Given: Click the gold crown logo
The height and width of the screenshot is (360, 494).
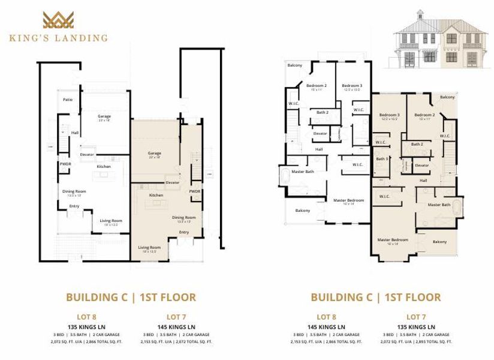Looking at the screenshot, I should click(58, 20).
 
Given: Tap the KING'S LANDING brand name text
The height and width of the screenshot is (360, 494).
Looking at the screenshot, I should click(58, 38).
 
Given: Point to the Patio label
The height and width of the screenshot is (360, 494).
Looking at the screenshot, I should click(68, 100).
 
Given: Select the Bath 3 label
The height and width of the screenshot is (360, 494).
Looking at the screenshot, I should click(382, 159).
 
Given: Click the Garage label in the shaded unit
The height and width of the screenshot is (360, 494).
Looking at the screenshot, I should click(154, 154).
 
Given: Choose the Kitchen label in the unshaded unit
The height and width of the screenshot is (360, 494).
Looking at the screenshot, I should click(104, 167).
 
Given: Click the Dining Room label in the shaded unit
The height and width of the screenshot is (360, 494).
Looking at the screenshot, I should click(183, 218).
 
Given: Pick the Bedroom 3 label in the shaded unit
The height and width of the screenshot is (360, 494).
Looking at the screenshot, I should click(389, 115).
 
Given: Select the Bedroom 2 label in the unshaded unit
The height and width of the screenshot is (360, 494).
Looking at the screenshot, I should click(316, 86).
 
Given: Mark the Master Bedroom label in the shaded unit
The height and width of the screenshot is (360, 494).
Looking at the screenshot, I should click(392, 241).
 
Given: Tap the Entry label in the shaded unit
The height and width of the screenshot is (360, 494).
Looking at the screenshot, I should click(183, 233).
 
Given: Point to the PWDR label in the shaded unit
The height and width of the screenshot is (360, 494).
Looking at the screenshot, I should click(194, 192).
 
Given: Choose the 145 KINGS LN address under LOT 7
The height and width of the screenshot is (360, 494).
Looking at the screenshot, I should click(177, 326).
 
